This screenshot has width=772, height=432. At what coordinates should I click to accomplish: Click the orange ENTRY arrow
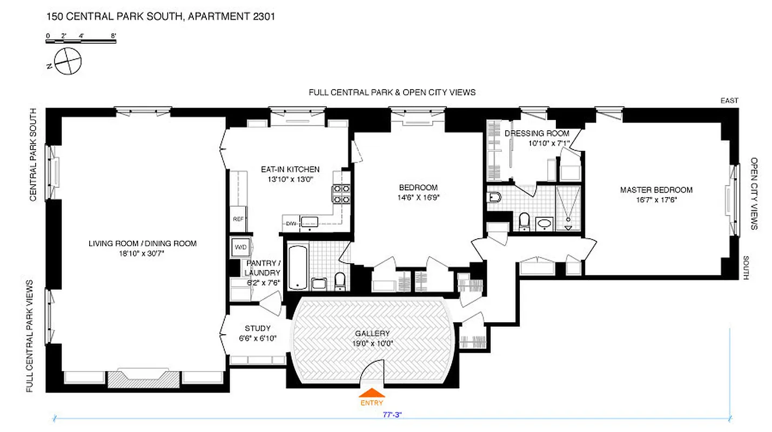click(x=372, y=393)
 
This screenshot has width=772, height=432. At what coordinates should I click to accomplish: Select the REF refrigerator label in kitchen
click(x=238, y=219)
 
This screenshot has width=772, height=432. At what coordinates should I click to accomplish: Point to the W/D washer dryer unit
click(x=239, y=247)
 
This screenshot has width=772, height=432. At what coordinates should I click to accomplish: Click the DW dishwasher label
click(x=291, y=222)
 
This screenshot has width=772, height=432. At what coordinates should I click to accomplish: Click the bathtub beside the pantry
click(x=298, y=267)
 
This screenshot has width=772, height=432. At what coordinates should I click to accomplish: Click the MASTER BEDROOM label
click(x=656, y=190)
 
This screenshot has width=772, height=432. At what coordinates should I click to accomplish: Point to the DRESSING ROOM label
click(x=536, y=133)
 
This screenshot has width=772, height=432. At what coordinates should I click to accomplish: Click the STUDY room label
click(x=257, y=328)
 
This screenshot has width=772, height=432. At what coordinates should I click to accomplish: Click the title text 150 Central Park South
click(x=160, y=17)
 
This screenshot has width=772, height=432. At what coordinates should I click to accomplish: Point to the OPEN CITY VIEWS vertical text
click(x=754, y=193)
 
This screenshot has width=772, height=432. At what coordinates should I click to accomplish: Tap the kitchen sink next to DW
click(x=310, y=221)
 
